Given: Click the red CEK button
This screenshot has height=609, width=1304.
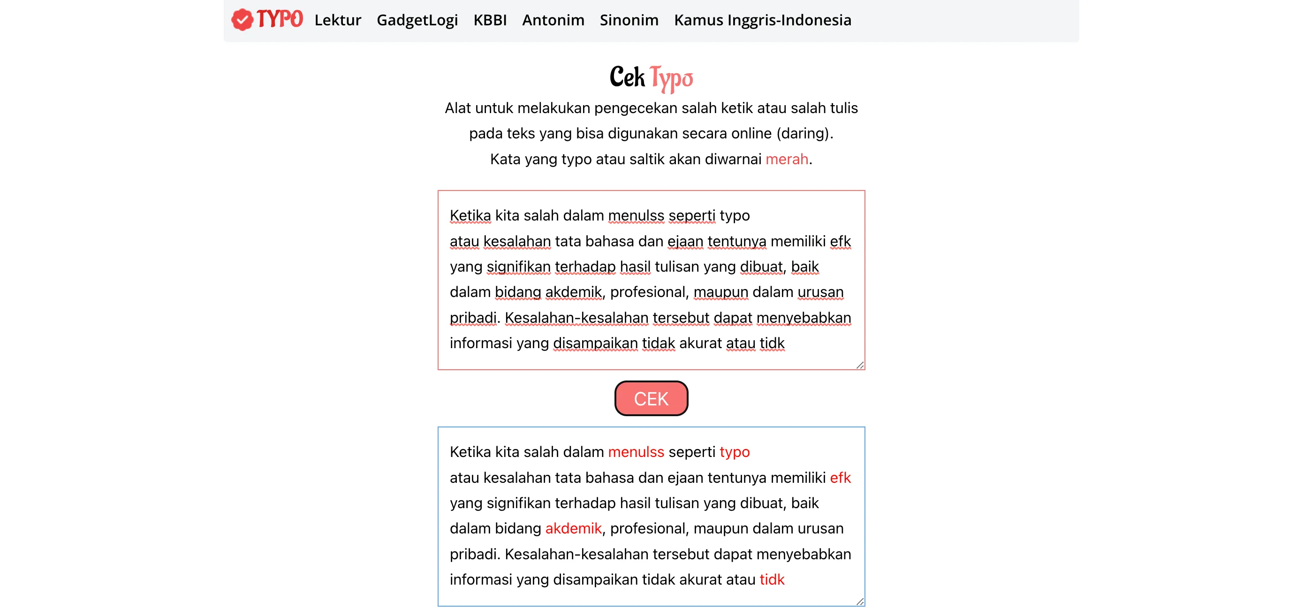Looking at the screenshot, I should coord(651,398).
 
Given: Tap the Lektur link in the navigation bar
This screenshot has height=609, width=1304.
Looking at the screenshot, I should coord(338,20).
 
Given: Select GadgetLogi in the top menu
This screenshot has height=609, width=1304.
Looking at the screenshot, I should coord(417,20).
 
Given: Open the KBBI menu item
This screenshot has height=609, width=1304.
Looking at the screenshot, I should coord(490,20).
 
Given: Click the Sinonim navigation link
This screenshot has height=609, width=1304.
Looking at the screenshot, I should coord(629,20).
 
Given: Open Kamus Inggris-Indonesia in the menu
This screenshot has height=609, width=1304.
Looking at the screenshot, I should coord(762,20).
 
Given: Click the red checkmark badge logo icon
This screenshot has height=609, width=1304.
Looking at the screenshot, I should coord(242,20).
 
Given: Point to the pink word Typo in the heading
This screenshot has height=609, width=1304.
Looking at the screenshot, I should coord(671,78).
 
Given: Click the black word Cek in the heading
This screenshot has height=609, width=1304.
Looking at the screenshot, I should coord(627,77).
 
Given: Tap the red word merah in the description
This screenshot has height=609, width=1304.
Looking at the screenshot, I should coord(787,159).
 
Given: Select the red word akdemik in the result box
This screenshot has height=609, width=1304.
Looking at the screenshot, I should coord(573,528).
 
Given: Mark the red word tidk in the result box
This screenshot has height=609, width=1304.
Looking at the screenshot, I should coord(772,579).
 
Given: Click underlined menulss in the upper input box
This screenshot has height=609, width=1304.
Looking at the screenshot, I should coord(636,215).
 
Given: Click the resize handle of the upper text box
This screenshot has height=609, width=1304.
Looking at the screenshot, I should coord(860,365).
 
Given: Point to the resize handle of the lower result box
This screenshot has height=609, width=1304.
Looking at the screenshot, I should coord(860,601).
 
